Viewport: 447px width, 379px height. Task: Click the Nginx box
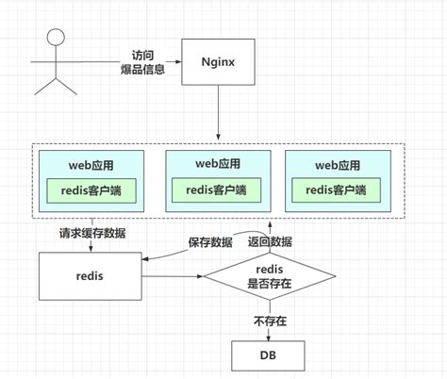point(218,62)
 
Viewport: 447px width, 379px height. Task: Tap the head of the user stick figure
point(56,37)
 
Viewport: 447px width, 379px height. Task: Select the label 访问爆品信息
point(142,62)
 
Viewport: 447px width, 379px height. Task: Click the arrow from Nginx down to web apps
point(218,112)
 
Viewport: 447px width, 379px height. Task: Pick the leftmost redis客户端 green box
point(91,190)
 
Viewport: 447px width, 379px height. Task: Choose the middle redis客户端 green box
point(216,190)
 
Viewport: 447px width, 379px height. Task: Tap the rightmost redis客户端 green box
point(336,190)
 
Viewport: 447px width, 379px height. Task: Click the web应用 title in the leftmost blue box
point(91,165)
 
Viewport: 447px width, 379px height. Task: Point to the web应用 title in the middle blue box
point(218,164)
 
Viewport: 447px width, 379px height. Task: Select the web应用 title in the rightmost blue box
point(338,165)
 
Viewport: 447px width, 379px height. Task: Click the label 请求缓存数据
point(92,233)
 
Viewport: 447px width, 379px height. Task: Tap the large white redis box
point(91,276)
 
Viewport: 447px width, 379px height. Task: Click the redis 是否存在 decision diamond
point(270,276)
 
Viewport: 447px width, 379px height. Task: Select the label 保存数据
point(210,242)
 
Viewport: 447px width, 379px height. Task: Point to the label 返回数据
point(270,241)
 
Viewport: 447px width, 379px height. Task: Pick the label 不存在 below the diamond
point(271,321)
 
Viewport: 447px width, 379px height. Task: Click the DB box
point(268,355)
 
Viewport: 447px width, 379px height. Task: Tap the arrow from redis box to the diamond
point(173,276)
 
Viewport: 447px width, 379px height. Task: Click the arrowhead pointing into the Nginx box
point(178,62)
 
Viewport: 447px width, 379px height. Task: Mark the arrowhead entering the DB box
point(269,338)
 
